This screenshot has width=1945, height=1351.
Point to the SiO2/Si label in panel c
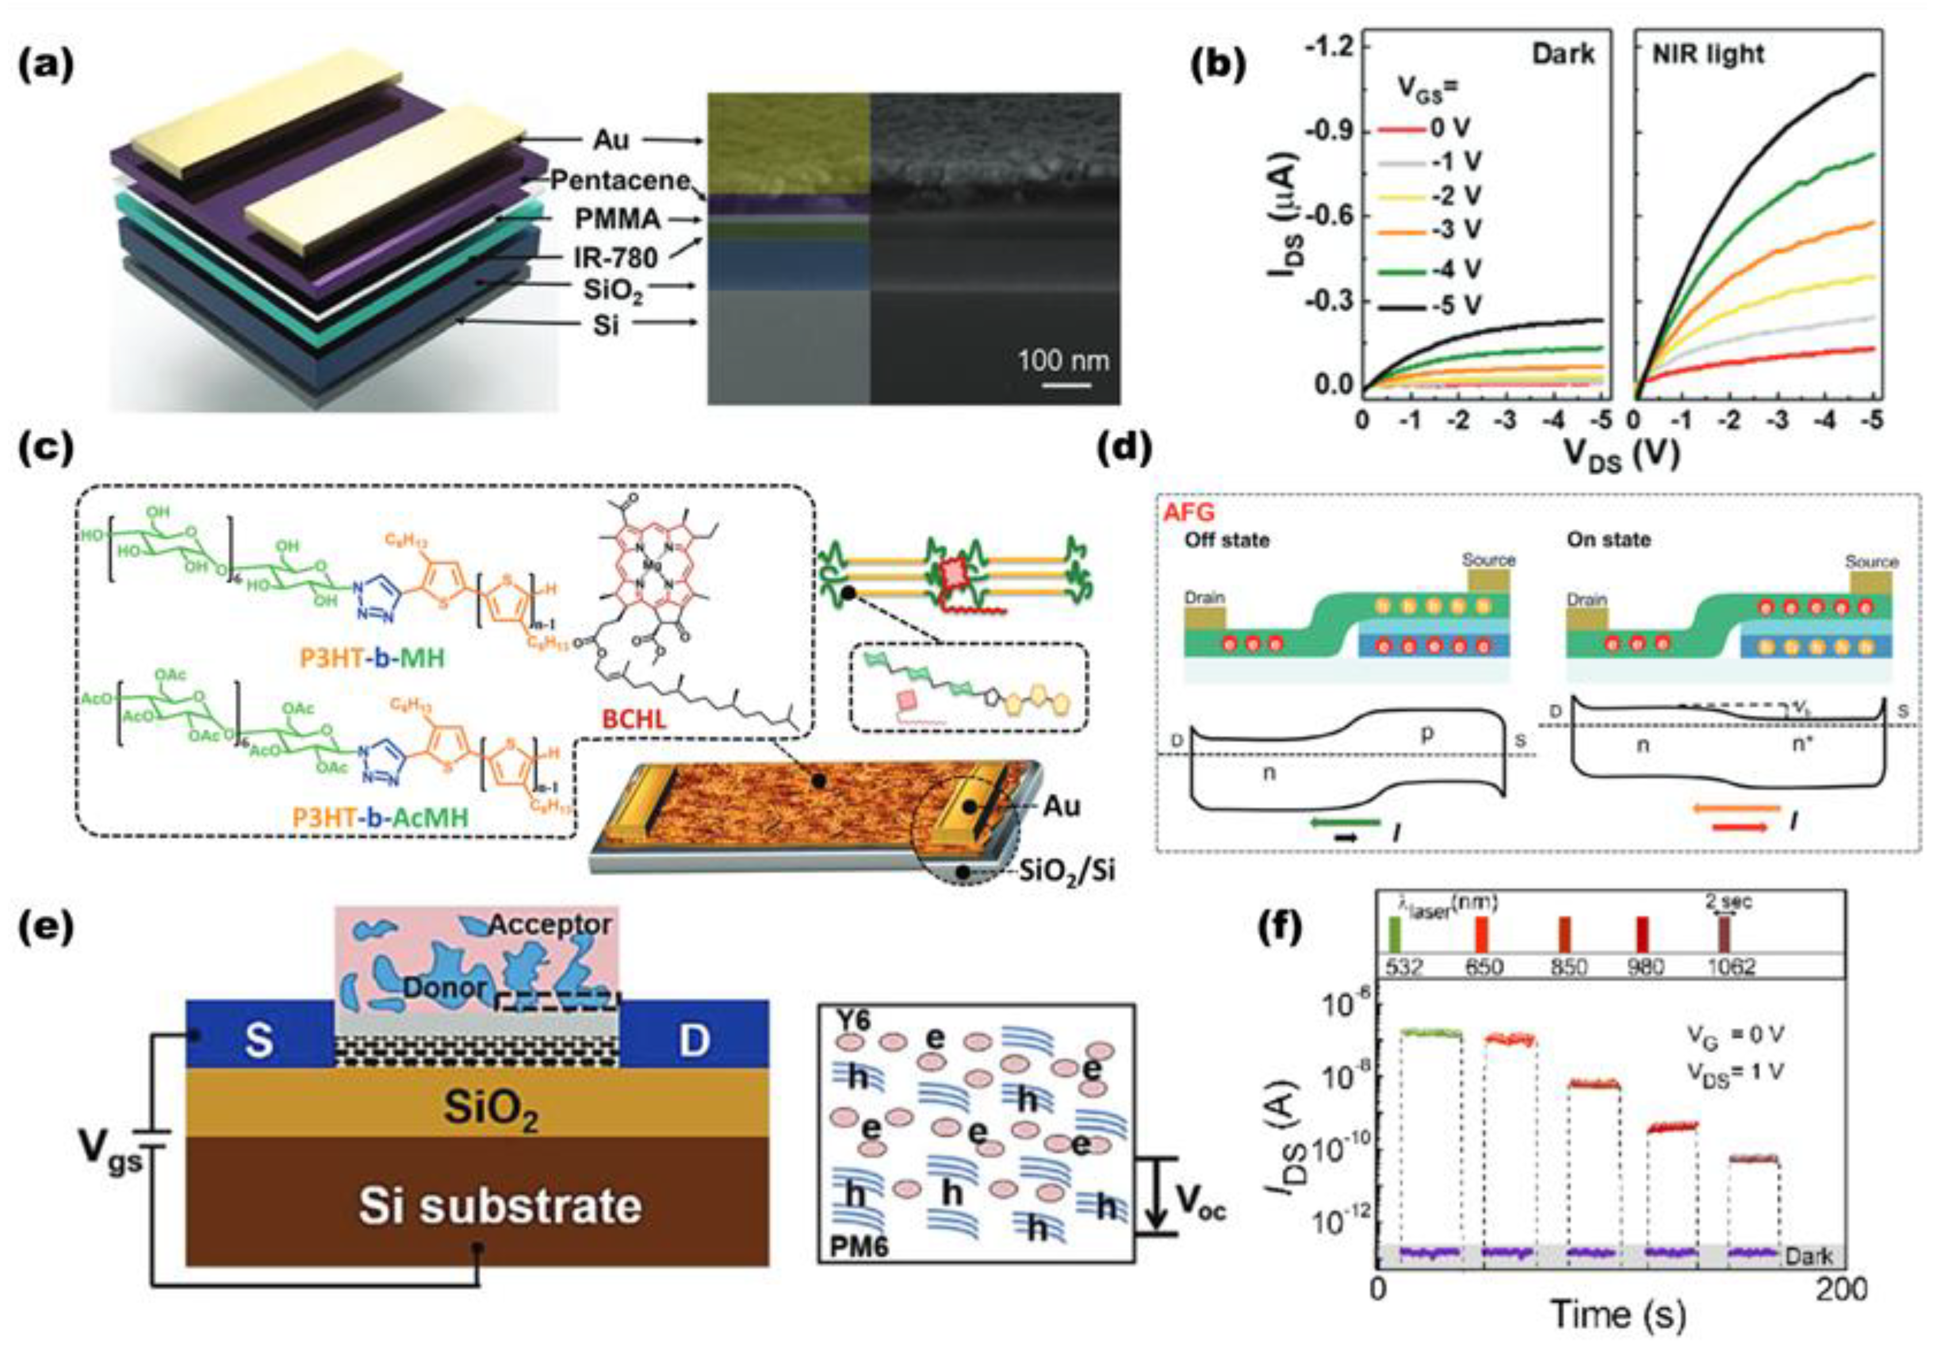pyautogui.click(x=1065, y=869)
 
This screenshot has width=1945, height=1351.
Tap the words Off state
pyautogui.click(x=1226, y=540)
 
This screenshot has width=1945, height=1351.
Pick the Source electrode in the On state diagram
pyautogui.click(x=1870, y=584)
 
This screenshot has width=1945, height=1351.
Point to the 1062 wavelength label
pyautogui.click(x=1729, y=966)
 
